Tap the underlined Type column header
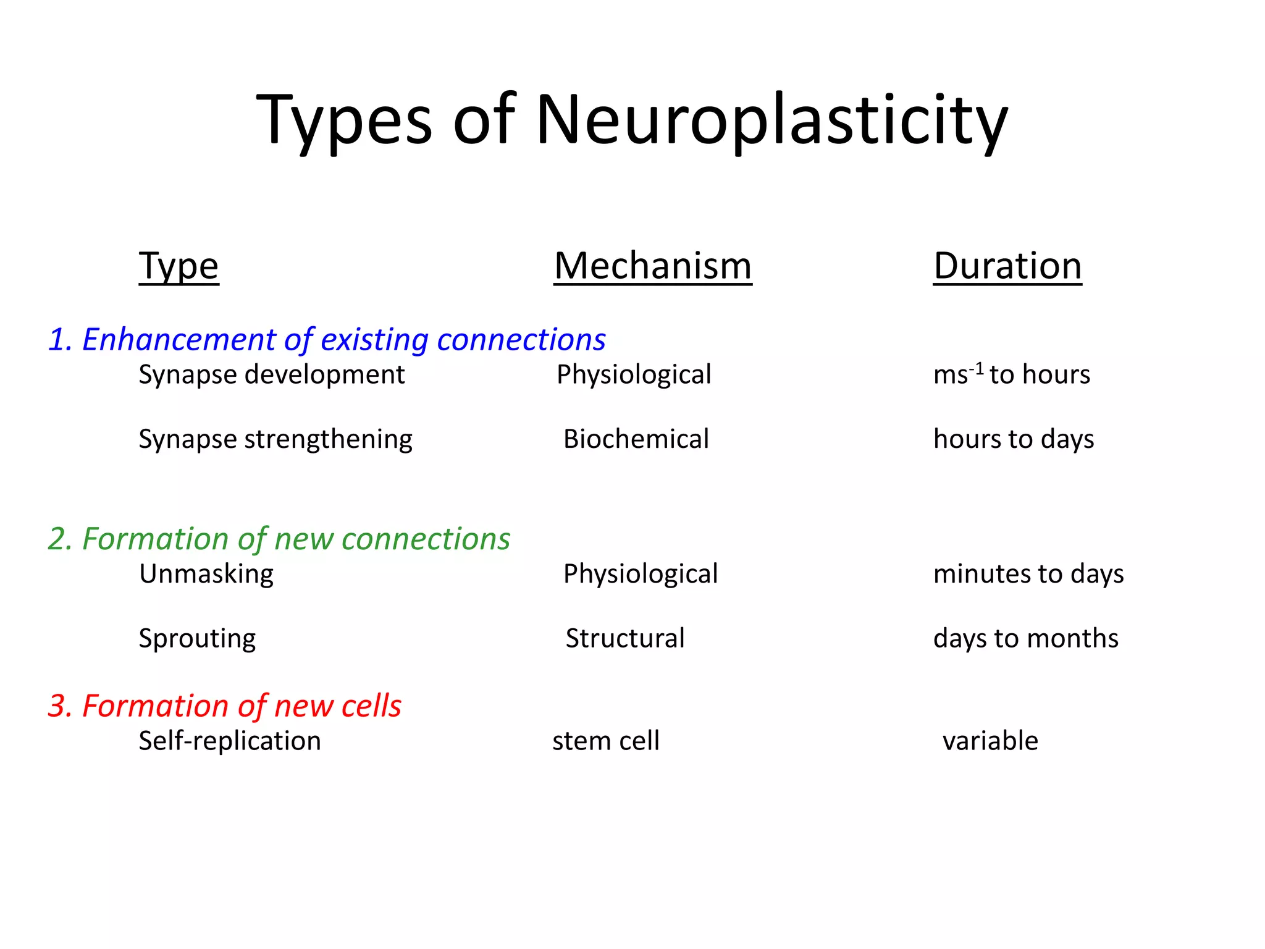(x=179, y=266)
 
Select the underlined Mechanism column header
(x=652, y=266)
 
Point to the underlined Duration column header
(x=1007, y=266)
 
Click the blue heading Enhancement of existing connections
(x=327, y=339)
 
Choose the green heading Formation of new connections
(x=279, y=539)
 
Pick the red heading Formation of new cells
(x=225, y=706)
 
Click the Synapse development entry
(x=271, y=374)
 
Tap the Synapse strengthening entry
(x=275, y=439)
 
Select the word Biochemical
(x=636, y=439)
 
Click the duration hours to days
(x=1013, y=439)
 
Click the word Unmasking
(x=206, y=574)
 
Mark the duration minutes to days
(x=1028, y=574)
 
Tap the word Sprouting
(x=197, y=638)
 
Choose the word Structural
(x=624, y=638)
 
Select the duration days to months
(x=1025, y=638)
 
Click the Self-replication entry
(x=229, y=741)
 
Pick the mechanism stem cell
(x=605, y=741)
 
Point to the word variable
(x=990, y=741)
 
